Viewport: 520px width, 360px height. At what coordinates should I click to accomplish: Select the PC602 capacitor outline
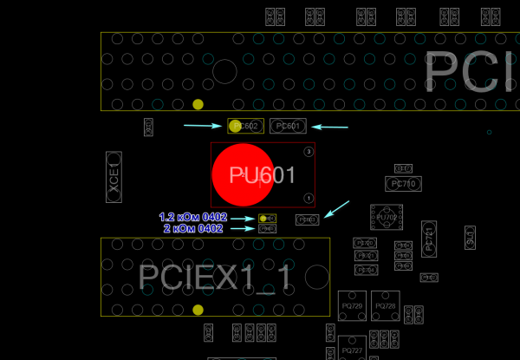tap(245, 127)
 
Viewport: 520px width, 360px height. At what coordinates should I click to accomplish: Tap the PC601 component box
tap(288, 127)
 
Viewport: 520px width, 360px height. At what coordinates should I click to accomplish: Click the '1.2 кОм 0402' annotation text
tap(192, 217)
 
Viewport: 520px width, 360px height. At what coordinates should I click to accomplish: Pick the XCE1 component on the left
tap(114, 177)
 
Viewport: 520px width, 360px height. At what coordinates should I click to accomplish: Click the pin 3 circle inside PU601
tap(309, 152)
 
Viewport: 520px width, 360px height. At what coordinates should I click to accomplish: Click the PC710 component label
tap(403, 184)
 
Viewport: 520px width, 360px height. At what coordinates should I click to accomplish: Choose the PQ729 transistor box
tap(352, 306)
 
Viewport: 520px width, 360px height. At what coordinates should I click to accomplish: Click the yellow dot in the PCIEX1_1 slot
tap(198, 310)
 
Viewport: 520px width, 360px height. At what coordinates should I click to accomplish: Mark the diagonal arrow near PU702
tap(337, 209)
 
